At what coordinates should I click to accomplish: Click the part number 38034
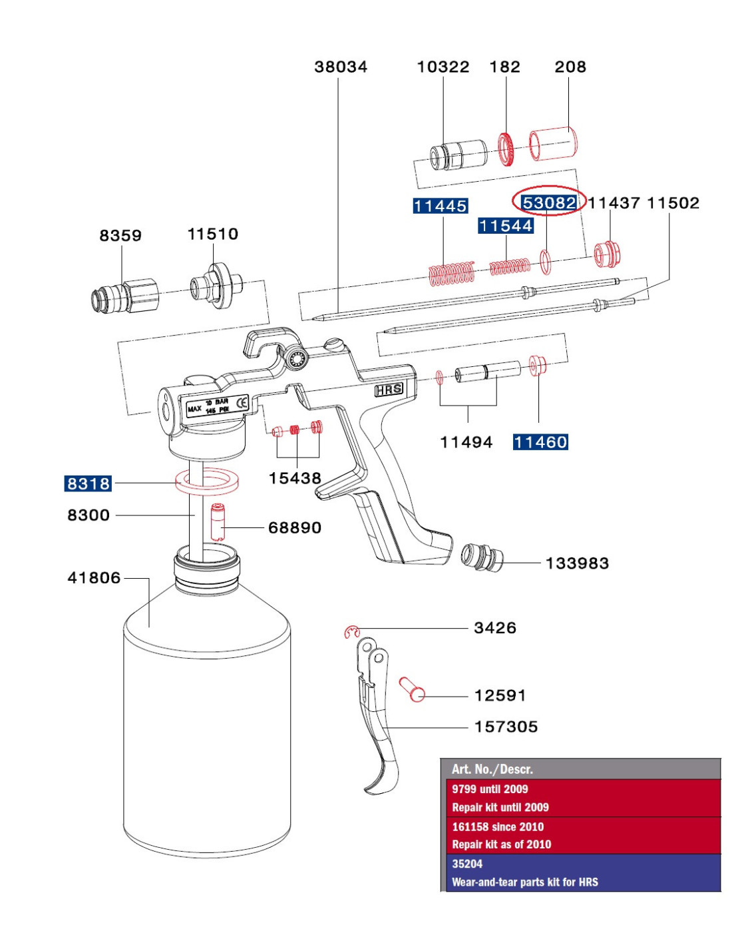click(x=341, y=67)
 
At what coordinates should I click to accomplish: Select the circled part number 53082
click(x=549, y=202)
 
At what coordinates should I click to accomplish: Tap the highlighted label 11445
click(x=440, y=206)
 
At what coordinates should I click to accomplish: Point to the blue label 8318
click(x=88, y=483)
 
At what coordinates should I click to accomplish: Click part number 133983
click(x=577, y=563)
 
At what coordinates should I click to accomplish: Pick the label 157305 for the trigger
click(x=506, y=727)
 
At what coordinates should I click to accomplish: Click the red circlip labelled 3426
click(x=352, y=632)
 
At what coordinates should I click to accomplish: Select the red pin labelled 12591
click(x=411, y=689)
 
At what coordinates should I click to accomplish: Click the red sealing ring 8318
click(x=206, y=481)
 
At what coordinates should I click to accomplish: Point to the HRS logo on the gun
click(x=389, y=390)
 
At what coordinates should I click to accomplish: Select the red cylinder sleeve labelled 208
click(x=553, y=143)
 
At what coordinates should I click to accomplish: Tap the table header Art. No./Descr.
click(x=492, y=769)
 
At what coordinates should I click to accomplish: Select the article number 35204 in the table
click(x=467, y=864)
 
